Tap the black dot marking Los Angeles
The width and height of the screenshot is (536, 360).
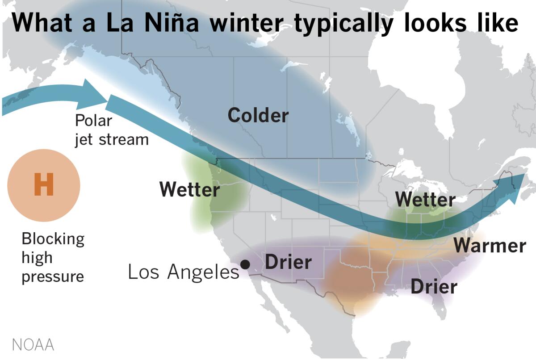(245, 264)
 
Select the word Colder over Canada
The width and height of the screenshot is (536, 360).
(258, 116)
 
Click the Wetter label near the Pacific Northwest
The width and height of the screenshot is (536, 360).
(189, 190)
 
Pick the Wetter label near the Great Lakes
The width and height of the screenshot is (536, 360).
(425, 199)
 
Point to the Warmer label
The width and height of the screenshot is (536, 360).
(490, 246)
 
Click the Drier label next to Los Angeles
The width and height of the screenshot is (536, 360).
(288, 262)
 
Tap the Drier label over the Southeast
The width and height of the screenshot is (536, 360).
(434, 287)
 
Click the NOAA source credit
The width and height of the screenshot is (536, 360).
(33, 345)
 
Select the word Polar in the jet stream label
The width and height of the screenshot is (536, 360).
(93, 121)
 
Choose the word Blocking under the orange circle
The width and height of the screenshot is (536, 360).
(53, 239)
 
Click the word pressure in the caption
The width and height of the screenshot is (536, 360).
(53, 276)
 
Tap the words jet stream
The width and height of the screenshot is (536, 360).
(111, 139)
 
